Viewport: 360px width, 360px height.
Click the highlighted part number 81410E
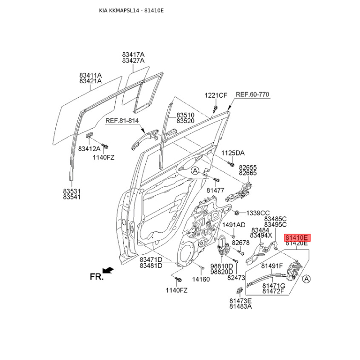tap(297, 238)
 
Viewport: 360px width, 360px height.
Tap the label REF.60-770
tap(252, 94)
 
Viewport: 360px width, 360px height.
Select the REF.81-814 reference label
tap(122, 120)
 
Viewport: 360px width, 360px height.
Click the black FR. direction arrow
tap(108, 270)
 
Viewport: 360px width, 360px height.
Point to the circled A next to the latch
tap(306, 279)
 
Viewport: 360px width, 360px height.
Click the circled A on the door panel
tap(195, 171)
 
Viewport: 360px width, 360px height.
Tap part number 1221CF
tap(216, 95)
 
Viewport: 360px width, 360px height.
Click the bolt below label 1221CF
tap(215, 108)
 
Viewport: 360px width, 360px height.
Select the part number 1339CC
tap(258, 213)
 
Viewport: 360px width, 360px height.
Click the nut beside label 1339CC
tap(237, 213)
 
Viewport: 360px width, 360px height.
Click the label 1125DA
tap(233, 153)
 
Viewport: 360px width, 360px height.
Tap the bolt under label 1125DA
tap(231, 164)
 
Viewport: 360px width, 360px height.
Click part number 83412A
tap(89, 149)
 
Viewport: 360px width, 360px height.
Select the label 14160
tap(201, 279)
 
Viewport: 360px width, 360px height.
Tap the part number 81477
tap(216, 190)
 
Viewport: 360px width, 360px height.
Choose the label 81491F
tap(272, 266)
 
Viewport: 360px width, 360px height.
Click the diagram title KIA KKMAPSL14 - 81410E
tap(131, 10)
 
